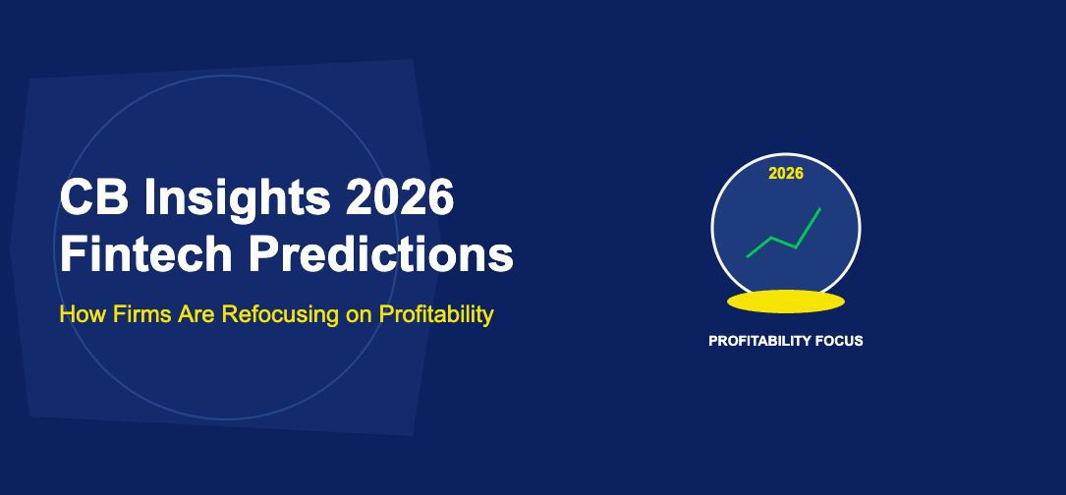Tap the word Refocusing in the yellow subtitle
[x=269, y=315]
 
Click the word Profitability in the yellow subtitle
[x=434, y=315]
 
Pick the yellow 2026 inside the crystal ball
[x=786, y=174]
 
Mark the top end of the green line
[x=819, y=209]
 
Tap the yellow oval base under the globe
[x=785, y=300]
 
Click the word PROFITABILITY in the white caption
[x=759, y=342]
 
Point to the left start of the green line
[x=749, y=256]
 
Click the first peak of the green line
[x=772, y=238]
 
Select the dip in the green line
[x=795, y=247]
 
